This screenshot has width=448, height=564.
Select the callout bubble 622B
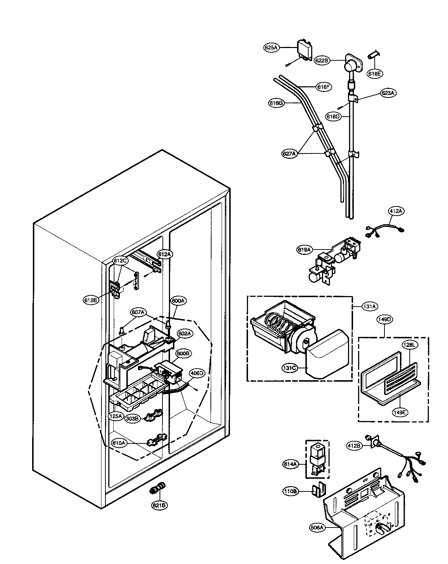click(321, 60)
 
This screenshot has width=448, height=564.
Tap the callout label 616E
click(374, 74)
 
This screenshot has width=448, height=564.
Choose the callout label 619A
click(304, 250)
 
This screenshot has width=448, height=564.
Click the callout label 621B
click(159, 506)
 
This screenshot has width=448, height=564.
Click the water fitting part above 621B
click(157, 488)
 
